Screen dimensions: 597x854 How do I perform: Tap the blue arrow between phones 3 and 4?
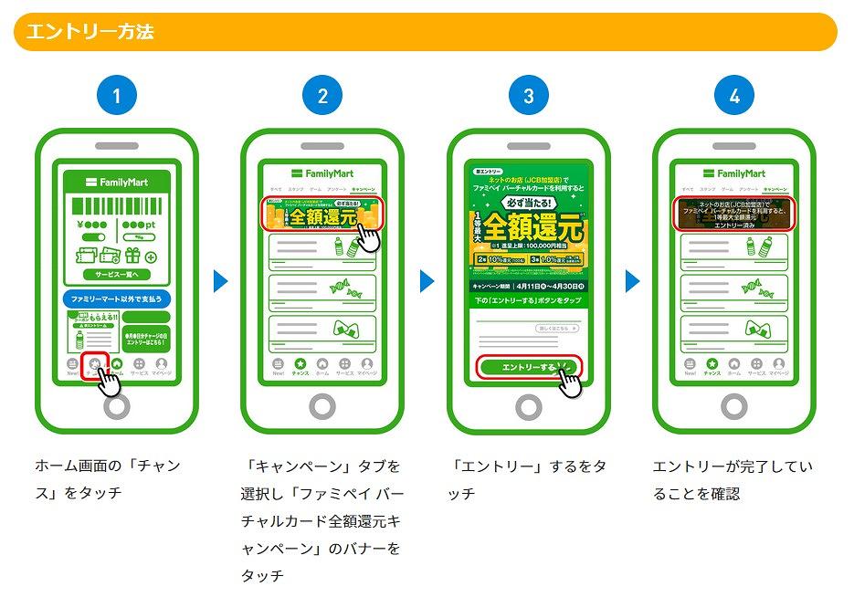coord(632,281)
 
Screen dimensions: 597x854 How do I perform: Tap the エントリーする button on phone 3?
coord(529,366)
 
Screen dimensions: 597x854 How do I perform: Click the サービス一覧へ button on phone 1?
coord(116,275)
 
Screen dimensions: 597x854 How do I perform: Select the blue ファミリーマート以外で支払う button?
coord(116,298)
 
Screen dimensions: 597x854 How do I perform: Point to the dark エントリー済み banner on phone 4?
coord(734,213)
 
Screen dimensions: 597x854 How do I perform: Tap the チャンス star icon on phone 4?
coord(712,365)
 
